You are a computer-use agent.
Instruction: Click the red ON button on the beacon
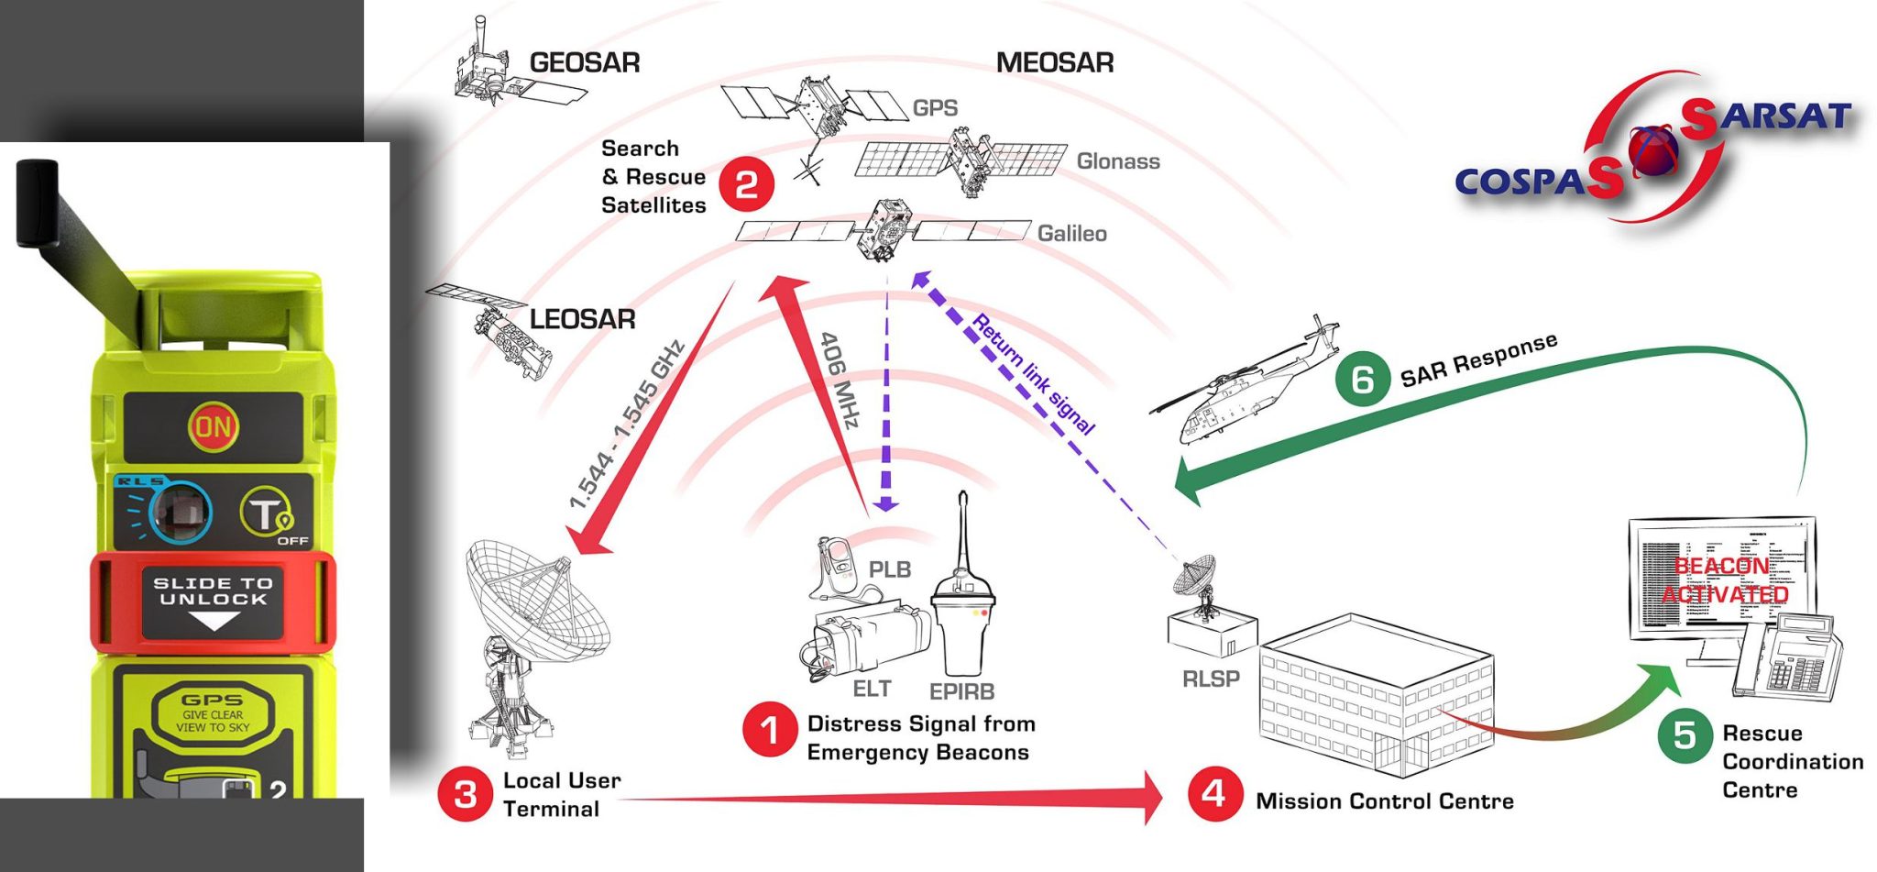click(213, 426)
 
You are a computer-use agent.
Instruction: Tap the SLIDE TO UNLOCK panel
click(213, 602)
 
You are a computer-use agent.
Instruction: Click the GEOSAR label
click(584, 63)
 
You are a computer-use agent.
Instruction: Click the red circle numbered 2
click(746, 184)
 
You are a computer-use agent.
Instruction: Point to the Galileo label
click(1071, 234)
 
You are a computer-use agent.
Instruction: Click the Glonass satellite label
click(1117, 161)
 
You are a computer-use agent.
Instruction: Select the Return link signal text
click(1033, 374)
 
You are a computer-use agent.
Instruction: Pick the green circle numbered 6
click(1362, 377)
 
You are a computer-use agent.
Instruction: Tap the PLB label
click(889, 569)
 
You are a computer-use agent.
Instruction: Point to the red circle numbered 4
click(1213, 793)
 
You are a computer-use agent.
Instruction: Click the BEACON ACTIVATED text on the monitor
click(1723, 579)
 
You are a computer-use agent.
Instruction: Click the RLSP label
click(1210, 679)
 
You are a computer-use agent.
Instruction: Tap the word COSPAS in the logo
click(1527, 182)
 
